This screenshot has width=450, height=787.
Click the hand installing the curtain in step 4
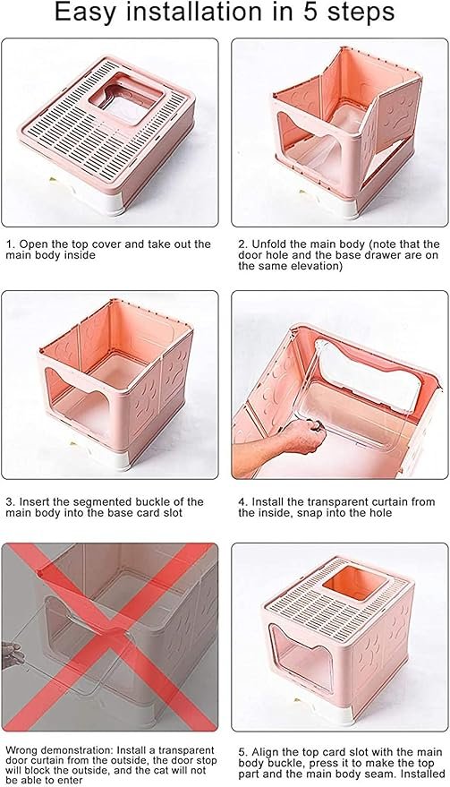[295, 439]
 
